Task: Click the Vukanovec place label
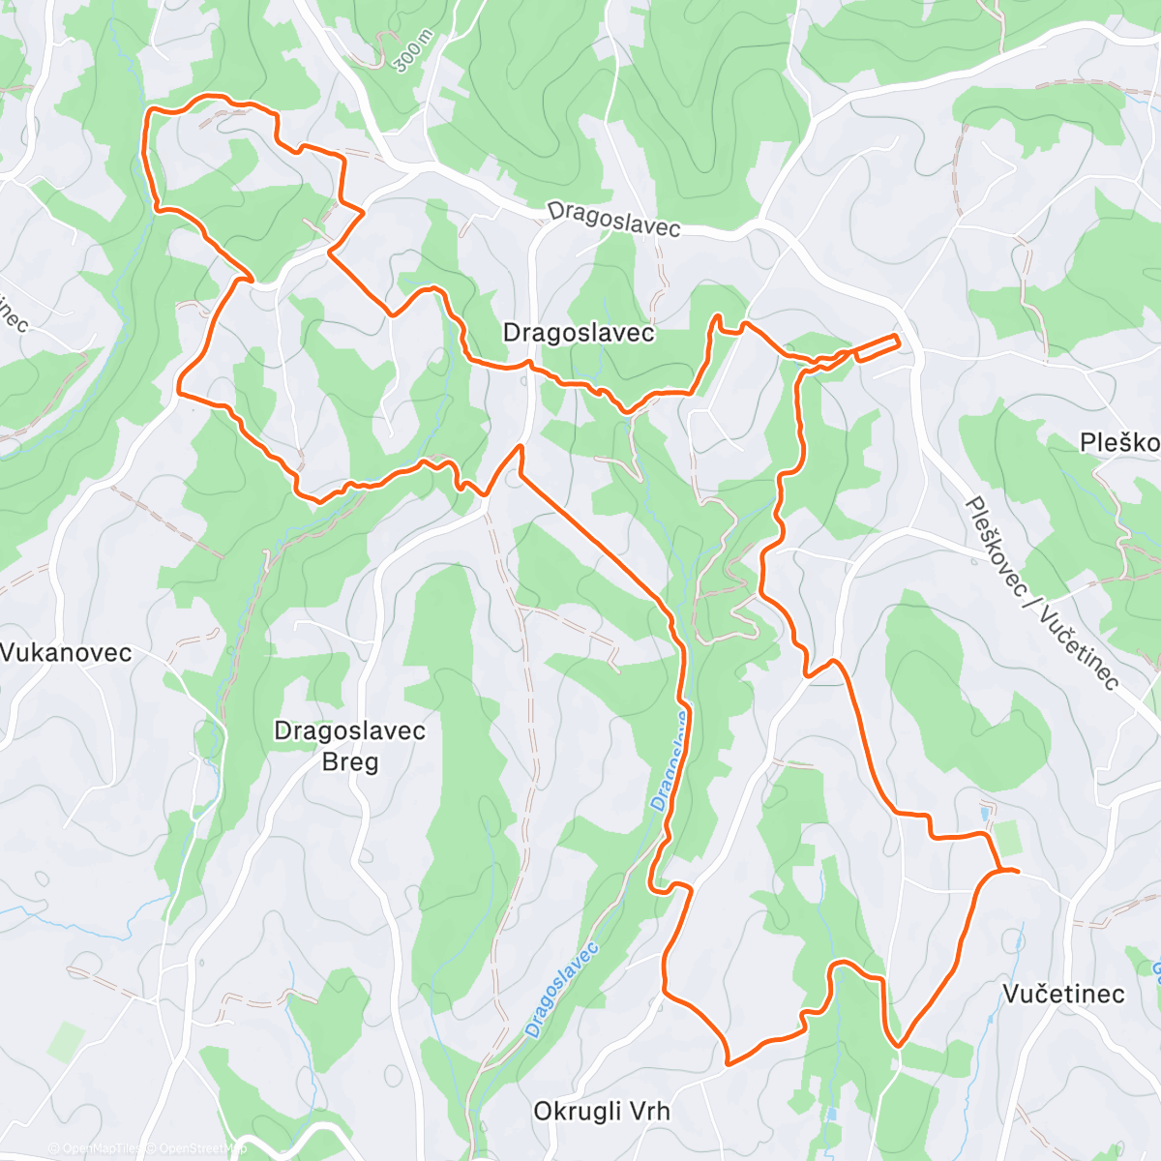pos(66,652)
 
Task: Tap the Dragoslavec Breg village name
pos(350,746)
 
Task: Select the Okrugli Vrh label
pos(602,1111)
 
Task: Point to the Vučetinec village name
pos(1063,994)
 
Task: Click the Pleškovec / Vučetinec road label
pos(1043,593)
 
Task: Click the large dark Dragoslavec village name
pos(579,333)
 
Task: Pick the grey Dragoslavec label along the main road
pos(613,219)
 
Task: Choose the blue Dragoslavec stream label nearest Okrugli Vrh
pos(561,990)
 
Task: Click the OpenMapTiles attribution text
pos(95,1149)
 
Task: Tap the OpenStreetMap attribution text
pos(198,1149)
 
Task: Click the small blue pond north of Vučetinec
pos(985,814)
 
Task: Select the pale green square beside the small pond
pos(1006,838)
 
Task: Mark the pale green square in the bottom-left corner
pos(66,1042)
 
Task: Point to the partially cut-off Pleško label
pos(1120,443)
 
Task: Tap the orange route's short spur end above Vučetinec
pos(1018,872)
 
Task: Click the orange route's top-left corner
pos(148,111)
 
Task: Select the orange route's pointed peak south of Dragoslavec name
pos(521,446)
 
